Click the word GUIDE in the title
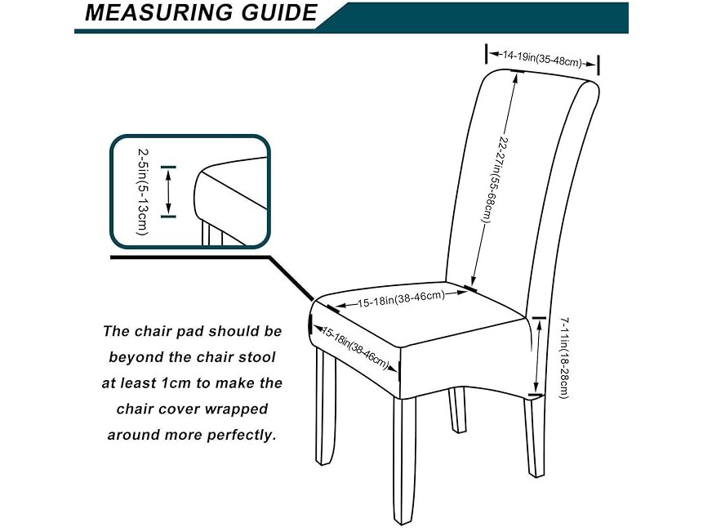tap(279, 12)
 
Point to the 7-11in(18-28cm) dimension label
tap(564, 358)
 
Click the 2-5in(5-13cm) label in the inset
tap(142, 192)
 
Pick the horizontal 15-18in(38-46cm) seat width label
tap(401, 298)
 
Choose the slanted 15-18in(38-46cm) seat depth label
tap(354, 347)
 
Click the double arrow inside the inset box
tap(168, 192)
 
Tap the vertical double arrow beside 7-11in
tap(537, 357)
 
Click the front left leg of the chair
tap(327, 407)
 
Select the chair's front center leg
tap(404, 460)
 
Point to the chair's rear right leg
tap(535, 436)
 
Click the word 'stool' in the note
tap(256, 357)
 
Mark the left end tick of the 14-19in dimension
tap(487, 54)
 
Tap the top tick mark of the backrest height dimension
tap(517, 71)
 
